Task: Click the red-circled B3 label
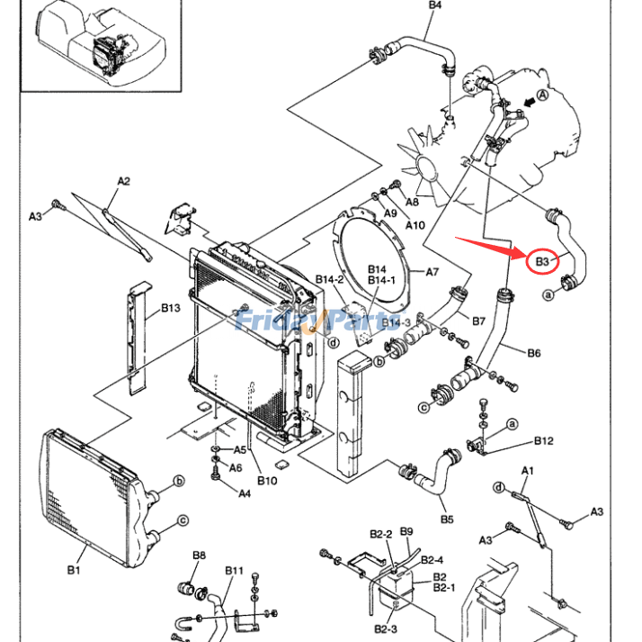click(x=541, y=261)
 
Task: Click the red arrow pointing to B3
click(x=491, y=248)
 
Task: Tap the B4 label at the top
click(x=435, y=5)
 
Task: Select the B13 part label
click(x=170, y=307)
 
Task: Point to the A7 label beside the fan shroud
click(x=432, y=272)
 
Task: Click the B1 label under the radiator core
click(x=74, y=570)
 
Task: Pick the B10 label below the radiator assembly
click(x=267, y=481)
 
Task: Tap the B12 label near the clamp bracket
click(x=544, y=440)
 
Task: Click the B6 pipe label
click(x=533, y=353)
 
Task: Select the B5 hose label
click(x=447, y=520)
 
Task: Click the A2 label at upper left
click(x=124, y=181)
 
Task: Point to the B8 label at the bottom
click(x=199, y=556)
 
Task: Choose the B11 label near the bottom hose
click(x=234, y=570)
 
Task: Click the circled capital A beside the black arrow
click(x=542, y=95)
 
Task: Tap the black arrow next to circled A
click(x=530, y=103)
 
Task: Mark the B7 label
click(x=478, y=321)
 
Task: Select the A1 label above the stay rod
click(x=528, y=471)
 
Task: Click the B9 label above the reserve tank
click(x=406, y=531)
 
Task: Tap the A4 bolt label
click(x=245, y=493)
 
